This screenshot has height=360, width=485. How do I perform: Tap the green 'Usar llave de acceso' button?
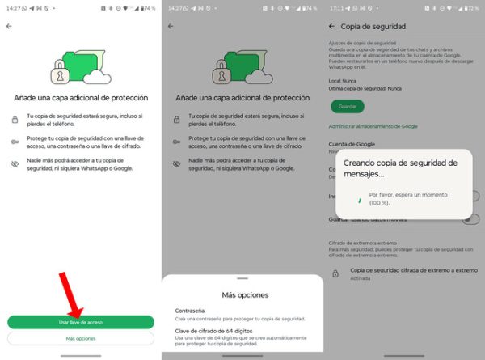point(80,322)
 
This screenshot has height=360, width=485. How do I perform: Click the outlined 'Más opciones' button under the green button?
point(80,338)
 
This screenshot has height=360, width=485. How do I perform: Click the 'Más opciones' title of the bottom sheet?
point(242,294)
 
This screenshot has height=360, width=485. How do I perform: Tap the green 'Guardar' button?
point(347,106)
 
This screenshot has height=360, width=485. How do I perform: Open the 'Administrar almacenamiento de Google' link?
point(373,126)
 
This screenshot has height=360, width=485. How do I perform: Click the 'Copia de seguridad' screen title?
point(373,26)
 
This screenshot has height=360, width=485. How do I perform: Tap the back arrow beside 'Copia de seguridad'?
point(331,26)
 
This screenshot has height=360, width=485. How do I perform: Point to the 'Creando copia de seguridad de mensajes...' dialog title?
point(398,168)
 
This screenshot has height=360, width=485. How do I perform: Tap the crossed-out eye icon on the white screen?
point(15,163)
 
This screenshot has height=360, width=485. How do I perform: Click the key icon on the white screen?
point(15,140)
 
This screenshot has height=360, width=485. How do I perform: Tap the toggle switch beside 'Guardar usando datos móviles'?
point(470,218)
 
